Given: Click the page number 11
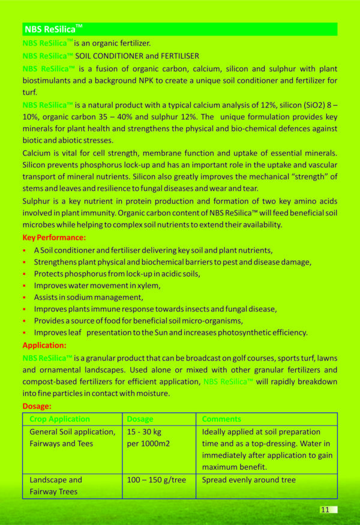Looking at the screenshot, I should click(325, 509).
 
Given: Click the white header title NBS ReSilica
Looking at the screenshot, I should click(53, 29).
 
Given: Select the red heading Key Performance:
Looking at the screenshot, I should click(54, 238).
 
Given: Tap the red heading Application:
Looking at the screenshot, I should click(44, 345).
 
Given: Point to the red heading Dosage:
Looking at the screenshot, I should click(37, 406).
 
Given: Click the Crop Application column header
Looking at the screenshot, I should click(60, 419).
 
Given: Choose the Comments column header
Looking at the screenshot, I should click(222, 419).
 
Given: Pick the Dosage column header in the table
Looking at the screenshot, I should click(140, 419).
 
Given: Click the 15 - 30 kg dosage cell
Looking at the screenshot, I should click(144, 432).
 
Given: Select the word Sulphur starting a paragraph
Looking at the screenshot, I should click(38, 200).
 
